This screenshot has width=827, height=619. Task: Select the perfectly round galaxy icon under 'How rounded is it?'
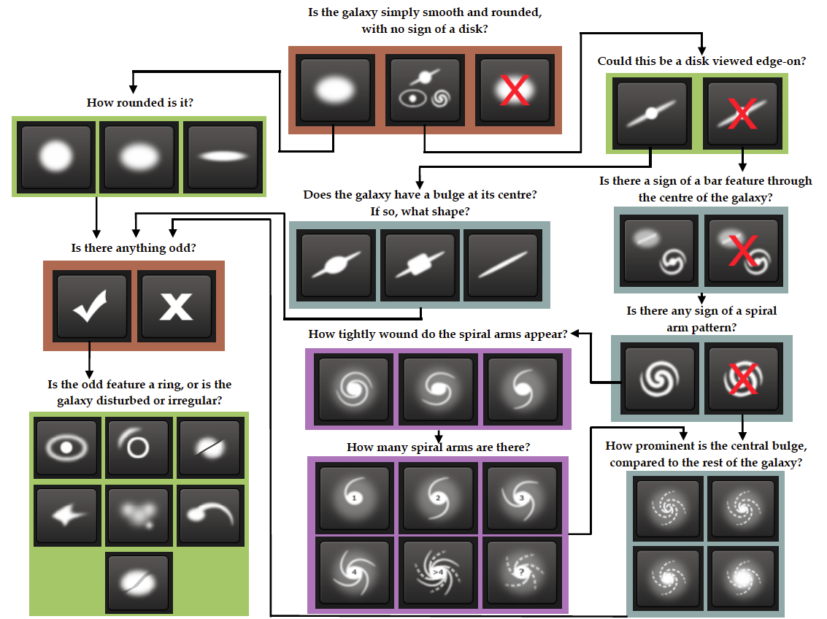click(56, 157)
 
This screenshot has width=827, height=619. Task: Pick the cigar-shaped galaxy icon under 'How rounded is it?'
click(223, 157)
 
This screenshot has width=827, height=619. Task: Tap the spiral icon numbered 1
click(355, 497)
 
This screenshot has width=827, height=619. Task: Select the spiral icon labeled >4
click(438, 572)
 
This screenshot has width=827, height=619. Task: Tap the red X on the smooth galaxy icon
click(515, 91)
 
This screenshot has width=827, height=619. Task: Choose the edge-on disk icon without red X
click(652, 113)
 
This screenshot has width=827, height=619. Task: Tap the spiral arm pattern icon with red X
click(742, 378)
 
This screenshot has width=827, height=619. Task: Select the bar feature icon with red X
click(742, 250)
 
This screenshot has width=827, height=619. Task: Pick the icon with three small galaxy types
click(425, 91)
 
